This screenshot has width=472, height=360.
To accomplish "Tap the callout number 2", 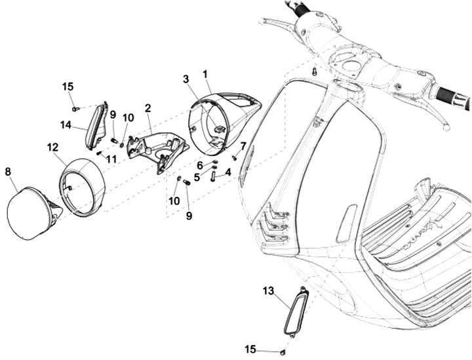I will click(148, 107).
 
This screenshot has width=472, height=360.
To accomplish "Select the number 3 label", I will click(186, 79).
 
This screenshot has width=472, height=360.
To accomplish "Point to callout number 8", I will click(8, 171).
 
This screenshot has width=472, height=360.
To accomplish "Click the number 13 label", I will click(269, 290).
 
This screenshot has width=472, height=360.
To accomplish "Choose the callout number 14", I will click(66, 124).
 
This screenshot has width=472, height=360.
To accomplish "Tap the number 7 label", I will click(243, 146).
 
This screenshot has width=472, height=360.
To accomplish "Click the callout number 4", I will click(228, 172).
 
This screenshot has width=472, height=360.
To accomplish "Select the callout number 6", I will click(199, 165).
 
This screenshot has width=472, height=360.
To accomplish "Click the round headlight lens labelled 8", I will click(29, 212).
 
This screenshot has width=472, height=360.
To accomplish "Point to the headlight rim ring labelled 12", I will click(84, 187).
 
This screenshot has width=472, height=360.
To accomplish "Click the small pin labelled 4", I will click(213, 175).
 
